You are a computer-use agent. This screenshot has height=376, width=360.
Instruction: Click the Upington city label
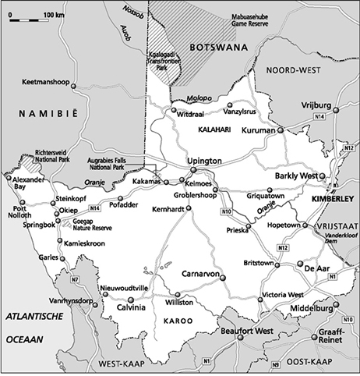point(206,161)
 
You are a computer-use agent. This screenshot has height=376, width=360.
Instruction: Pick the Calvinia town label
point(130,309)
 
